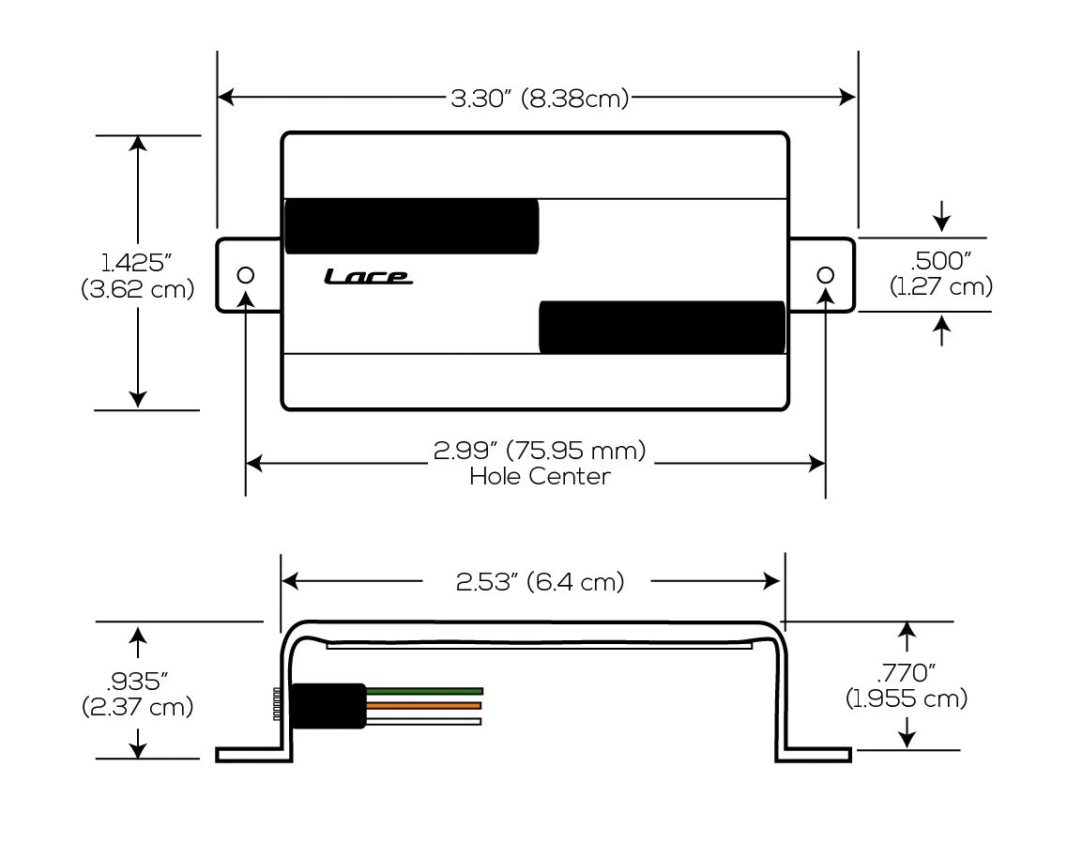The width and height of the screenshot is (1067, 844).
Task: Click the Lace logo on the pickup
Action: (367, 276)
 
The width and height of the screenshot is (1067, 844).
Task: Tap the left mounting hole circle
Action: (246, 275)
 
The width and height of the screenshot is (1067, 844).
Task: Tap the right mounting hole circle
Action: (825, 275)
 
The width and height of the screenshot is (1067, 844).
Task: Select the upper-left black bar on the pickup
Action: (411, 226)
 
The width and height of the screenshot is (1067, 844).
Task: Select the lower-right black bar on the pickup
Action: (662, 328)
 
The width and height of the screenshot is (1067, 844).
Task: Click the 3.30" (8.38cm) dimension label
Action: (540, 98)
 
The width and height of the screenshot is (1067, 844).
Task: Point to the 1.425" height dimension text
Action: (137, 263)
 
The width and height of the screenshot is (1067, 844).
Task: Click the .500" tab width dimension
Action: (941, 263)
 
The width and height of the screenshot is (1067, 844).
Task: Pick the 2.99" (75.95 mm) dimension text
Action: (540, 452)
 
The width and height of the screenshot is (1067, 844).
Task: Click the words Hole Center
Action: (540, 477)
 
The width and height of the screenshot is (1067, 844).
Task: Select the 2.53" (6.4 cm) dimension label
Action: (540, 582)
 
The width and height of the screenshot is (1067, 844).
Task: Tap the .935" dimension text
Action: (137, 681)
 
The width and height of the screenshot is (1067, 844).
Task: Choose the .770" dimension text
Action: (906, 673)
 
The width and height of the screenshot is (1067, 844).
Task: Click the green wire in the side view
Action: (424, 690)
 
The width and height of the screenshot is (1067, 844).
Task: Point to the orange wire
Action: (424, 705)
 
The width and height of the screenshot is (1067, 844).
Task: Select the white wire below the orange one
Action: (424, 721)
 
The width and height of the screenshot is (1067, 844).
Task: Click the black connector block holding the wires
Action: (328, 706)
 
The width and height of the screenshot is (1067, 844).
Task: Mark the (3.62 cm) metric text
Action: (137, 289)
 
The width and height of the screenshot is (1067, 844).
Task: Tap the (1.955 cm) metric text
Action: (906, 698)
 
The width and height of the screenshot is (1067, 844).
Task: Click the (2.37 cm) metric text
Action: (137, 706)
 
